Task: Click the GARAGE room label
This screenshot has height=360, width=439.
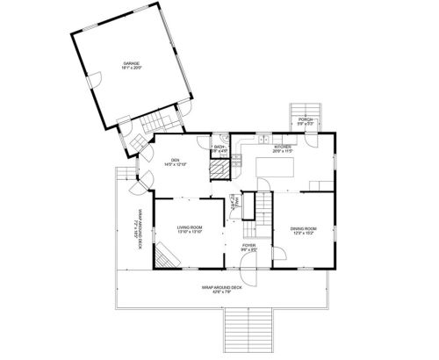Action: (x=132, y=64)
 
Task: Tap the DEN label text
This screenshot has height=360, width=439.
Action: (x=174, y=160)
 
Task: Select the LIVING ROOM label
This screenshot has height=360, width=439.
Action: (x=190, y=227)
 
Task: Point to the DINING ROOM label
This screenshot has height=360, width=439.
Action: (x=303, y=228)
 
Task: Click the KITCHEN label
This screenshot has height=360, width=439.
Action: (x=282, y=147)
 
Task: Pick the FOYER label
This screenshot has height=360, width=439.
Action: (x=248, y=245)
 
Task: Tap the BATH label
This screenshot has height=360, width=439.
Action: (x=219, y=147)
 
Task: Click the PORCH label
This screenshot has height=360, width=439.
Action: (x=305, y=119)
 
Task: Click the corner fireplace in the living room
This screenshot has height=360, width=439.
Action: (x=167, y=255)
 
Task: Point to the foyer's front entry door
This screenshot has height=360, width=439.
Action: (x=250, y=274)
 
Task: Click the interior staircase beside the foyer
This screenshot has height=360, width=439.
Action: (x=263, y=206)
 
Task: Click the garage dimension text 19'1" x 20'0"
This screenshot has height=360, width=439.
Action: (x=132, y=68)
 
